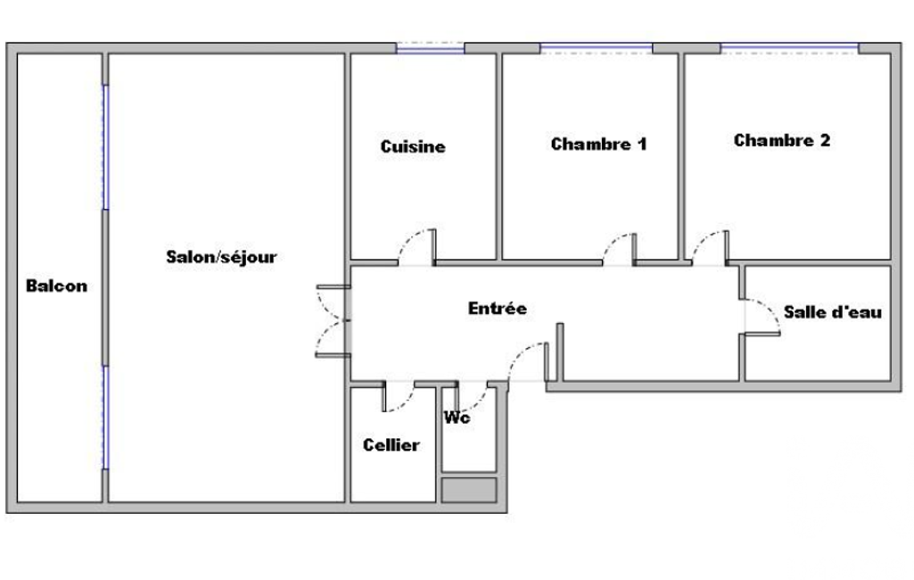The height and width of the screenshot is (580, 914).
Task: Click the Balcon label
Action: [56, 286]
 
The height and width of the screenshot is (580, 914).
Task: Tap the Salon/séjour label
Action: [221, 257]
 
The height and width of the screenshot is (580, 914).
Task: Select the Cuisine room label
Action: [413, 146]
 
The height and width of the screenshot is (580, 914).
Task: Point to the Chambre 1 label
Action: [598, 145]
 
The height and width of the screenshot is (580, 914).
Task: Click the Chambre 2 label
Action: [782, 141]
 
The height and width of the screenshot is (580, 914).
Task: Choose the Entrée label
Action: [498, 308]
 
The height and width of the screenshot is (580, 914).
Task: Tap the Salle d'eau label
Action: [832, 312]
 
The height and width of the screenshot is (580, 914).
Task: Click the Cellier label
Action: [391, 445]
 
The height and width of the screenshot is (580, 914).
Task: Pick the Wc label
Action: [457, 418]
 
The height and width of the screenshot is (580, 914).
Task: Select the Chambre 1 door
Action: [619, 249]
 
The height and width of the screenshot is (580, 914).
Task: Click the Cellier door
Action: [399, 397]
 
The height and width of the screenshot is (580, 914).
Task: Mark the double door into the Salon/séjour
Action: [333, 321]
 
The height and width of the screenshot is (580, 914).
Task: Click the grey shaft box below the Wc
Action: [469, 490]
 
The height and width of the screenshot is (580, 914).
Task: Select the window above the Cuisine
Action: [430, 48]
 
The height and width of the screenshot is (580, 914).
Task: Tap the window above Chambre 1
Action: [596, 48]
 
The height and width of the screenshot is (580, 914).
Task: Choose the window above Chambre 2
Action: [789, 48]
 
